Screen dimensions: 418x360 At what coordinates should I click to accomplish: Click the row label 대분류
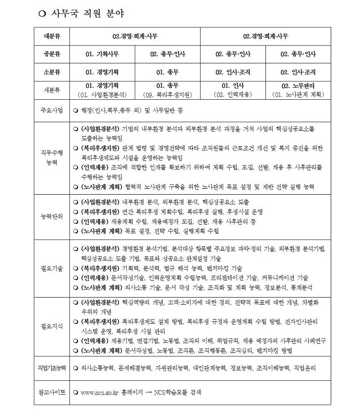click(x=52, y=35)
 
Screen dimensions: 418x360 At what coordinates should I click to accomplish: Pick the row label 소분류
click(x=52, y=72)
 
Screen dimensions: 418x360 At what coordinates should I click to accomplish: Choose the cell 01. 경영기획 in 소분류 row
click(x=102, y=72)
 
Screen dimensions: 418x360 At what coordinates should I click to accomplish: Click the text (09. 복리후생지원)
click(x=167, y=95)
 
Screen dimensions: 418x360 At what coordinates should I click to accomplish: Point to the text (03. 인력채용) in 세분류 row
click(x=233, y=95)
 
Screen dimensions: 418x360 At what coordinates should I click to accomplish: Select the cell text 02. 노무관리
click(x=298, y=85)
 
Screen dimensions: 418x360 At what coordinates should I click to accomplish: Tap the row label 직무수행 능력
click(x=52, y=157)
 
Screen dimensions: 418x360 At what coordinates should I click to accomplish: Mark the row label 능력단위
click(x=52, y=216)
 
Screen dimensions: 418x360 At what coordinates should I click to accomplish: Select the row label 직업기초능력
click(x=52, y=368)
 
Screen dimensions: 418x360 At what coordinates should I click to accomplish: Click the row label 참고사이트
click(x=52, y=392)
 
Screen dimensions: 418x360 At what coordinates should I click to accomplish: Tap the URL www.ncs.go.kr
click(x=100, y=392)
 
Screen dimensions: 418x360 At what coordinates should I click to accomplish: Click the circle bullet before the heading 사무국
click(x=43, y=13)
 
